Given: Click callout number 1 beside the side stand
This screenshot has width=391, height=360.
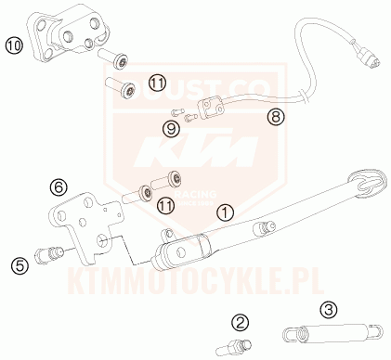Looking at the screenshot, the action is (x=224, y=212).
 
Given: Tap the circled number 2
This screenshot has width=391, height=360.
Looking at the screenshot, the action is (x=241, y=323).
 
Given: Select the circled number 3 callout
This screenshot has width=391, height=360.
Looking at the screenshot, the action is (x=328, y=309).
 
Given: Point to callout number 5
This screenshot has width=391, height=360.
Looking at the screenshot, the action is (x=19, y=266).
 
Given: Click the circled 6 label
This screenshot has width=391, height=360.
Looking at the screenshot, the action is (x=58, y=187).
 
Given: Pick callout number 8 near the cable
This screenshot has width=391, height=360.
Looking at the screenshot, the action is (x=274, y=117).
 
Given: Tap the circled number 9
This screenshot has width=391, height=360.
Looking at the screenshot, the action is (x=172, y=128).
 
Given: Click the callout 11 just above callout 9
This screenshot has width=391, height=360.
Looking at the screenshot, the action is (x=157, y=84).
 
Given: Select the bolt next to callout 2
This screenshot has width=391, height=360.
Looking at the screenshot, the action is (x=233, y=348).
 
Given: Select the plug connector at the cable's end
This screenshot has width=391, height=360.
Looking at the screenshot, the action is (x=370, y=58).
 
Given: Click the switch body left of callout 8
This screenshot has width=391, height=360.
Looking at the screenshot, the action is (x=212, y=109).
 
